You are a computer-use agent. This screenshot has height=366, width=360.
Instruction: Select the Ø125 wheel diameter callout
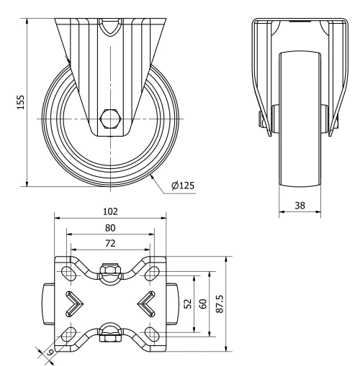pos(183,185)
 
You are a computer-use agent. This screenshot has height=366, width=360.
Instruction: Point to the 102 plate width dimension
pos(110,212)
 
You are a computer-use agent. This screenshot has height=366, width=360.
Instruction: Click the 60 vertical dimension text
pos(202,303)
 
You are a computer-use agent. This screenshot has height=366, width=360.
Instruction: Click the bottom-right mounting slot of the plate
pos(151,334)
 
